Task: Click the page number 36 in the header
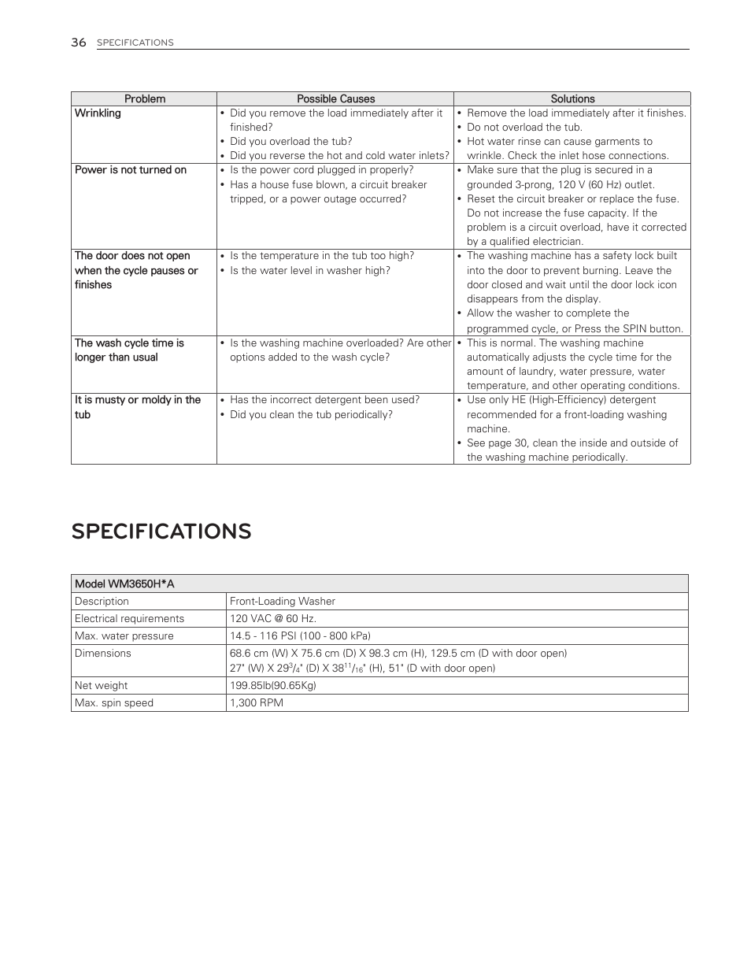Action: point(78,43)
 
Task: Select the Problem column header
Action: point(145,99)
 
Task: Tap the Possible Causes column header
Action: point(335,99)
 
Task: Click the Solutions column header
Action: point(572,99)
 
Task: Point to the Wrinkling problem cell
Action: point(98,113)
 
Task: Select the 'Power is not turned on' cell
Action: point(131,170)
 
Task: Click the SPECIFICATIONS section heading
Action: point(161,532)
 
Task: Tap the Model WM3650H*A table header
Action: point(124,584)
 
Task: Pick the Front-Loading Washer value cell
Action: point(283,602)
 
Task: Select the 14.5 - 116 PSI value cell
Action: point(300,636)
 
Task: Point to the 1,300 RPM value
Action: point(257,703)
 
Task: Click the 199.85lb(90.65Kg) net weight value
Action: point(273,686)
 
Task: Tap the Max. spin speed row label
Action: point(114,703)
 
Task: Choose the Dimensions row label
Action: point(103,654)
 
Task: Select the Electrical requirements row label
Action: point(129,619)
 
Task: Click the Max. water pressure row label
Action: point(124,636)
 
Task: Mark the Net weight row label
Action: point(102,686)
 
